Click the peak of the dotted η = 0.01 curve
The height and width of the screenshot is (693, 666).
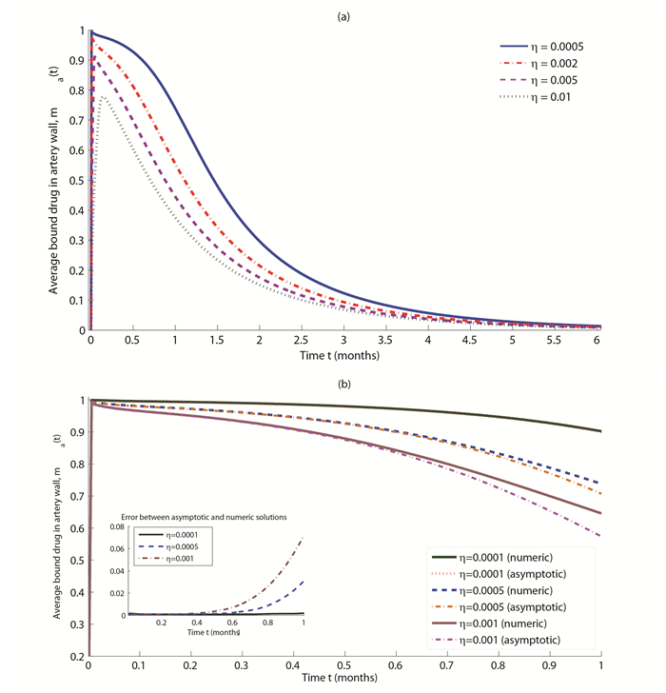[x=103, y=97]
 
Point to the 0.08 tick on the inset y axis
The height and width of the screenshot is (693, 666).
[x=120, y=526]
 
